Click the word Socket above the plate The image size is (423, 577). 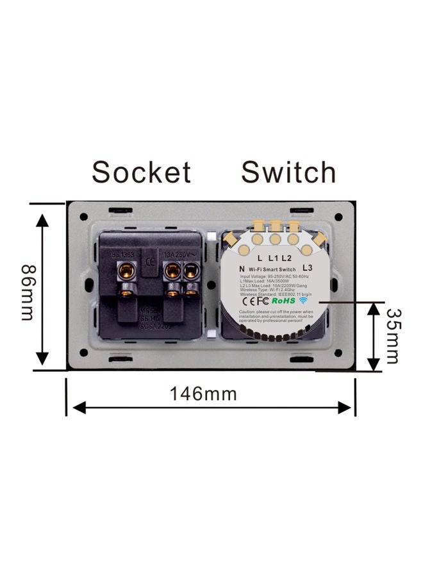(141, 172)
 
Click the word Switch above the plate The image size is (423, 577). (288, 172)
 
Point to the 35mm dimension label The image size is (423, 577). (393, 336)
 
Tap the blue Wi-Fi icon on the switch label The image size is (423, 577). (303, 300)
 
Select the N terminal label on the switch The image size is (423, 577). (241, 269)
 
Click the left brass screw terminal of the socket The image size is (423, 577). (127, 271)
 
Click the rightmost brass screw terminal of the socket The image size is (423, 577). (190, 272)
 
